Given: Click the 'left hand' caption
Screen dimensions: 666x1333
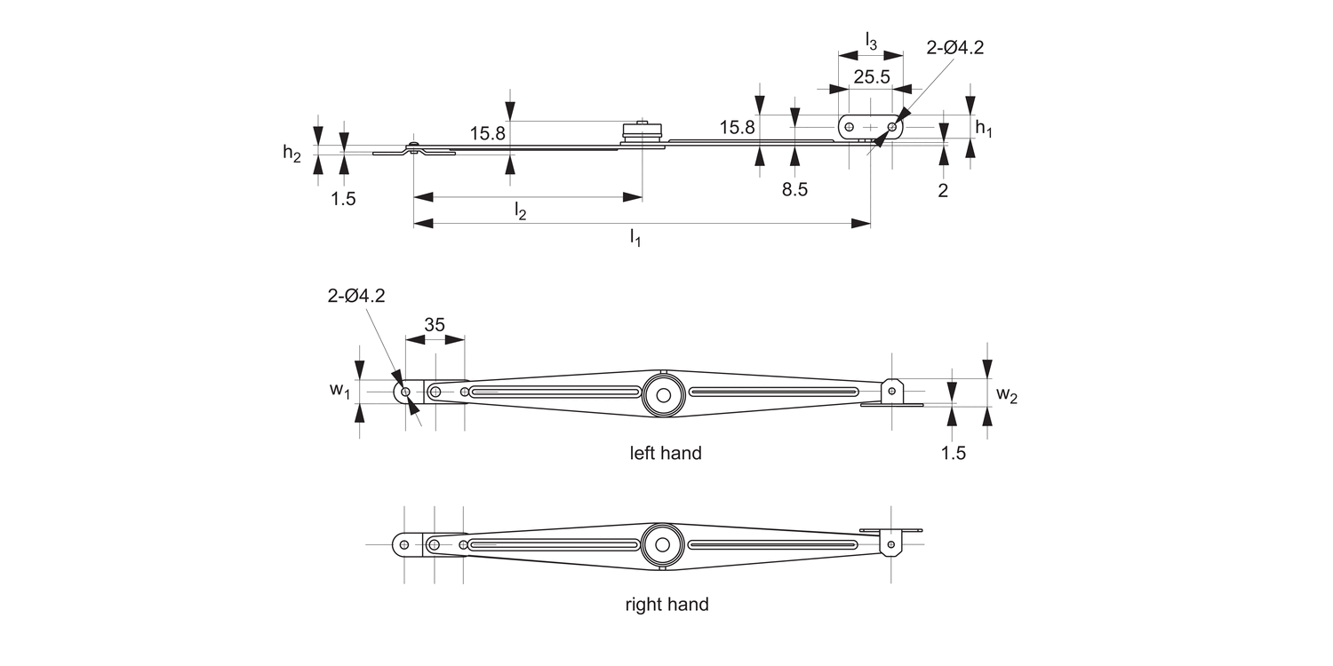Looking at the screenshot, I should [666, 453].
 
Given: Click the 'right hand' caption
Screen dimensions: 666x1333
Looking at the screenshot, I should [666, 605].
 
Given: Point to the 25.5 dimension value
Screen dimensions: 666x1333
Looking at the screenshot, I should [871, 76].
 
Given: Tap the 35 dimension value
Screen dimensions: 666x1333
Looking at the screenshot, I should [434, 325].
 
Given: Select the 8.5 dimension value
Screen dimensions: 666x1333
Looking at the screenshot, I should [794, 189].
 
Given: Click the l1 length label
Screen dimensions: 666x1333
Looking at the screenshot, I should [635, 237].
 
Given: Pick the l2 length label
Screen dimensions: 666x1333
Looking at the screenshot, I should [521, 210].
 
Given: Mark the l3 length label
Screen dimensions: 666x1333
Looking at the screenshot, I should [871, 40].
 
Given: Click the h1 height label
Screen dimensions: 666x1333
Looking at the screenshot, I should [984, 128].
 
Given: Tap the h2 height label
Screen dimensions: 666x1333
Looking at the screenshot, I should [291, 153].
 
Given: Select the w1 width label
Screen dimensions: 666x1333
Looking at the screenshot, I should [339, 391].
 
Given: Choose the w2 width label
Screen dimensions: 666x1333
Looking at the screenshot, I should [1006, 394].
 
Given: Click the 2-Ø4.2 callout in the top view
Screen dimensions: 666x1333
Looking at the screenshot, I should [954, 49].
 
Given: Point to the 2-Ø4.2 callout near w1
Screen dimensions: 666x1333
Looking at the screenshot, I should [355, 297].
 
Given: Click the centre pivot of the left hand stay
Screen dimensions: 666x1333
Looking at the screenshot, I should [661, 392].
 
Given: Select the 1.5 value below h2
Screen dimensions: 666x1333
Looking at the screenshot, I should [343, 199].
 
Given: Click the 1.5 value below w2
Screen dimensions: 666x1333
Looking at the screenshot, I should [953, 452].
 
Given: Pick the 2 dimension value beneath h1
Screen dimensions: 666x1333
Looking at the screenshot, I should [943, 189].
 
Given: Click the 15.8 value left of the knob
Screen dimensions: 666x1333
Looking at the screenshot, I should [488, 133].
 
